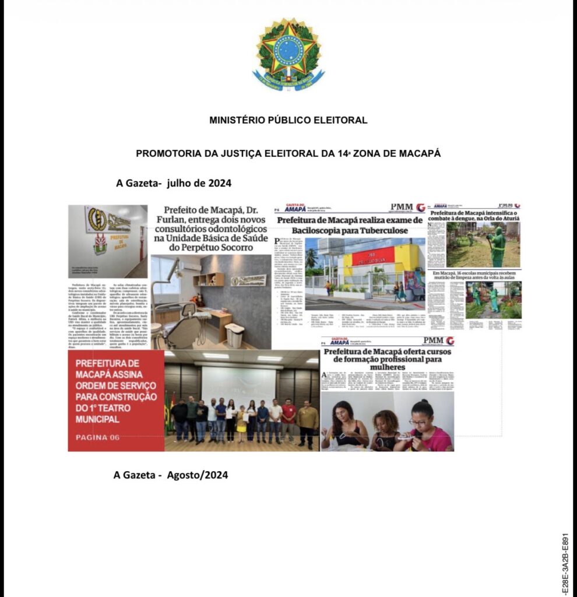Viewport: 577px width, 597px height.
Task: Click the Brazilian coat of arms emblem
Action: (288, 53)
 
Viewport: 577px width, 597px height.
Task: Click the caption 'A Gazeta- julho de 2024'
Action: (174, 183)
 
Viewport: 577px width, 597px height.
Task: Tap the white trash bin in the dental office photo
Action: (234, 335)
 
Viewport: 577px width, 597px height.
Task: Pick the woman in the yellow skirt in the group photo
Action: (241, 420)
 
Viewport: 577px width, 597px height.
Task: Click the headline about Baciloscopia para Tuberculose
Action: (349, 225)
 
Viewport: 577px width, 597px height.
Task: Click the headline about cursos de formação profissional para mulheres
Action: (388, 359)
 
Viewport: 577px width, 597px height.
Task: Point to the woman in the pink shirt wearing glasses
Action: (425, 428)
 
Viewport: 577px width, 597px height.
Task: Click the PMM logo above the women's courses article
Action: (434, 340)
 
